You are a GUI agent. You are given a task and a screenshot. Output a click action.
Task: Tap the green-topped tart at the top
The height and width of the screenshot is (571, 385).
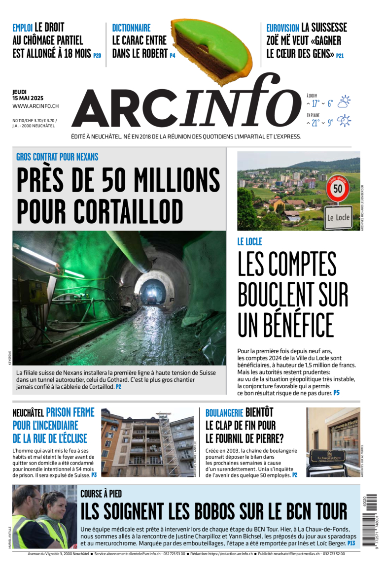212,47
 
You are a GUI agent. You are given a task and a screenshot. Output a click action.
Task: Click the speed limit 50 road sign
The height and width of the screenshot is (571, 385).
338,189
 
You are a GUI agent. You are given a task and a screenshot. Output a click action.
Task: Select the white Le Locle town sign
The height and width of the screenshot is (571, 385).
338,217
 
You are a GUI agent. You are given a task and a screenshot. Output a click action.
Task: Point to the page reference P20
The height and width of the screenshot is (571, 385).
97,56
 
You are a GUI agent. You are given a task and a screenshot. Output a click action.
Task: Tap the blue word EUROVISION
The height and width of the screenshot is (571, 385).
282,28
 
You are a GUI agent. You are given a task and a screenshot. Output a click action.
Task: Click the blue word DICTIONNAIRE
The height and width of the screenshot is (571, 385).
131,28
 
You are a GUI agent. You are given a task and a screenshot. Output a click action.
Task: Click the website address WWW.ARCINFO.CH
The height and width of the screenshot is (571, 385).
35,106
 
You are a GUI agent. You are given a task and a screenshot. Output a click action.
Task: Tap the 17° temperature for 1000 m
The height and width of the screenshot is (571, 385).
315,103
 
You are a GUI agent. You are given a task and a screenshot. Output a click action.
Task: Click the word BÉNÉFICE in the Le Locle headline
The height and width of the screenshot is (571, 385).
286,325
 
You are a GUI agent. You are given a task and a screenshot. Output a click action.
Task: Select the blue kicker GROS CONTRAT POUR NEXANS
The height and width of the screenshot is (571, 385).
57,157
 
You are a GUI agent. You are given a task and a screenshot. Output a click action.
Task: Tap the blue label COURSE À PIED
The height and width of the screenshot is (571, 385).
101,493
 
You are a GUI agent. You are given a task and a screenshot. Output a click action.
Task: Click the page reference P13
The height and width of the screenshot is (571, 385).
351,543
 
